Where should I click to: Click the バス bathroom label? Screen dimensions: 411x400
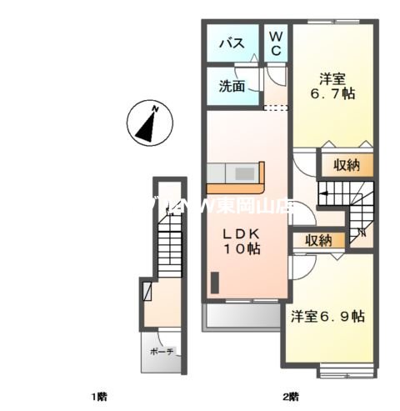point(231,45)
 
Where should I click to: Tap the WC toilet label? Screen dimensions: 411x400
point(275,44)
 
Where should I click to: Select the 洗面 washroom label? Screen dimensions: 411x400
point(232,86)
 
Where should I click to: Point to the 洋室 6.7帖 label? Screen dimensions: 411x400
point(333,87)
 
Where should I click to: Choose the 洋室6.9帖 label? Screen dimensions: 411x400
point(327,317)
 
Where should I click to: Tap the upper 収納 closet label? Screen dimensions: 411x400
point(342,165)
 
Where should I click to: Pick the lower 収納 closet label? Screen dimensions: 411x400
point(318,240)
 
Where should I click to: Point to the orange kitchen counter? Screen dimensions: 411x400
point(236,175)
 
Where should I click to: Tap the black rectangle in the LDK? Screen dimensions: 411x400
point(213,283)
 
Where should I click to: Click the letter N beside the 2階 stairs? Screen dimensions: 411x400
point(360,232)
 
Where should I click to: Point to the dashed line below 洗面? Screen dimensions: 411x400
point(276,108)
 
